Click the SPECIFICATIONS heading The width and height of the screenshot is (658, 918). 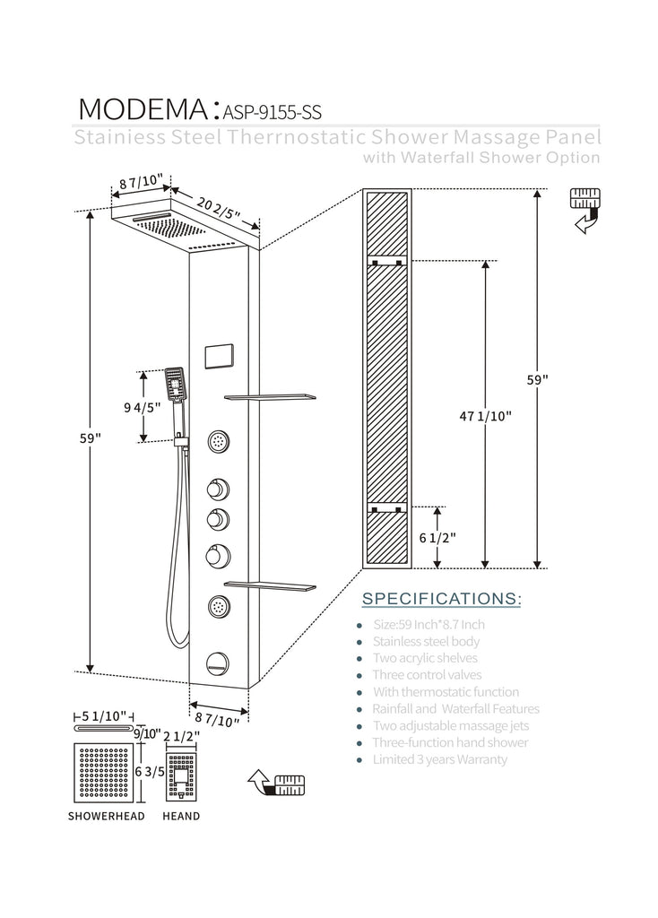pyautogui.click(x=440, y=598)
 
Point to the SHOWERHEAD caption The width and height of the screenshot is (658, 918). pyautogui.click(x=105, y=816)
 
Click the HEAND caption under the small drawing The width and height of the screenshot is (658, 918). pyautogui.click(x=181, y=816)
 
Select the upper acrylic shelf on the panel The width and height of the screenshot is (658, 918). pyautogui.click(x=270, y=396)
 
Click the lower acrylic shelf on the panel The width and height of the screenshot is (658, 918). pyautogui.click(x=270, y=585)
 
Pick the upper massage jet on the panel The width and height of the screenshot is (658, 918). pyautogui.click(x=218, y=441)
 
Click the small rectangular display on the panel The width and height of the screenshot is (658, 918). pyautogui.click(x=219, y=355)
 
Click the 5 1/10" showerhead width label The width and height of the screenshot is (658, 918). pyautogui.click(x=103, y=716)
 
